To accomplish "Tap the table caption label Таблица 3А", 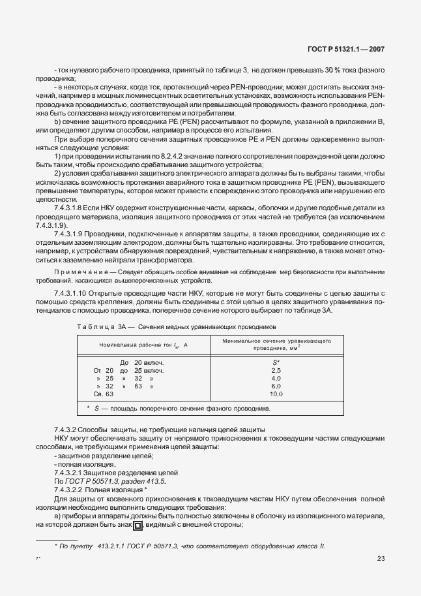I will coord(96,325).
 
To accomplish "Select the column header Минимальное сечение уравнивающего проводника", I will coord(274,344).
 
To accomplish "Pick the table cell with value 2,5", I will coord(276,370).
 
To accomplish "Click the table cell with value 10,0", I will coord(276,394).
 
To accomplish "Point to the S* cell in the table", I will coord(276,362).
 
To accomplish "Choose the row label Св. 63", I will coord(105,394).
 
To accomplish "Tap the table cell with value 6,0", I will coord(276,386).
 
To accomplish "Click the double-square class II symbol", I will coord(138,525).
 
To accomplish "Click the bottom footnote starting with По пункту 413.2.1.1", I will coord(189,546).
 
